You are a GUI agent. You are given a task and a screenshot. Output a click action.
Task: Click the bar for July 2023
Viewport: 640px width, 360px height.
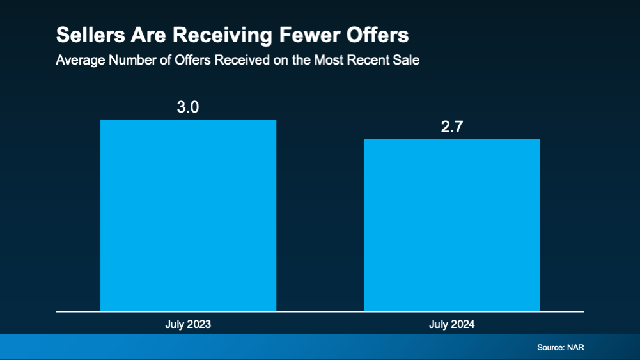click(x=188, y=215)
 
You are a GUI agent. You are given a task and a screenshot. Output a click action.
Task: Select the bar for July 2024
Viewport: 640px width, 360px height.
click(x=452, y=224)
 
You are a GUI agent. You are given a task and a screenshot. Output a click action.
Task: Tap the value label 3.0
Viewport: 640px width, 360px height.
click(x=188, y=107)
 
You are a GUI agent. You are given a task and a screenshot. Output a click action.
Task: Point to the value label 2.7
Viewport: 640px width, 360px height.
click(x=452, y=127)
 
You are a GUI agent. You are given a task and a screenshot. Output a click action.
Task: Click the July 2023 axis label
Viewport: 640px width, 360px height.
click(x=188, y=324)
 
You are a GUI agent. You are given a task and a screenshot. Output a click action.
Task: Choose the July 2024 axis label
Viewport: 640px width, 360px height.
click(x=452, y=324)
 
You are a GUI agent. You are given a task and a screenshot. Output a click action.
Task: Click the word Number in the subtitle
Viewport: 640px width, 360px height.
click(x=127, y=61)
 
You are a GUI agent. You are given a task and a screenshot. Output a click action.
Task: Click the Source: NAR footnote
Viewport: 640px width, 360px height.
click(x=561, y=348)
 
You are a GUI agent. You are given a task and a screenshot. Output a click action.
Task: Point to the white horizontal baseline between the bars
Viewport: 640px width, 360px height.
click(x=320, y=311)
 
